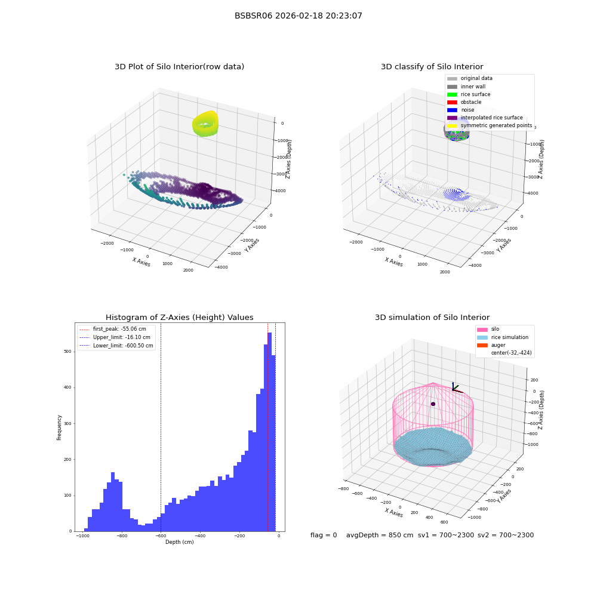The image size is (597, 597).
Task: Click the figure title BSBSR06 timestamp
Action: tap(298, 16)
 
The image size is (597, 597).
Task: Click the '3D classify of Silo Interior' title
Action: tap(432, 67)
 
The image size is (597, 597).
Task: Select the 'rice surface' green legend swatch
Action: tap(452, 94)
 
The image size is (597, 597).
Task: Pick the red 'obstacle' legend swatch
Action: tap(452, 102)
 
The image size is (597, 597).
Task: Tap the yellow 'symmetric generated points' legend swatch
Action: tap(452, 125)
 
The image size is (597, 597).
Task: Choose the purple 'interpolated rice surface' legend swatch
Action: tap(452, 118)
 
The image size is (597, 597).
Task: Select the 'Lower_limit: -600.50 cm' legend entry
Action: tap(116, 346)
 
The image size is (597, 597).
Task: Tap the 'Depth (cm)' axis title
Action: tap(180, 542)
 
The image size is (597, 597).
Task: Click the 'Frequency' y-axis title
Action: tap(59, 427)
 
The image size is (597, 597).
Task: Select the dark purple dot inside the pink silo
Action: tap(433, 404)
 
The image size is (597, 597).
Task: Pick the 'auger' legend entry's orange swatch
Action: tap(482, 345)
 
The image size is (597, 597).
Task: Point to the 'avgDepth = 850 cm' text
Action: tap(380, 535)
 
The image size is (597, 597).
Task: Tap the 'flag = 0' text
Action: tap(324, 535)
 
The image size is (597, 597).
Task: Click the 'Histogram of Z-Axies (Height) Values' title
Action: tap(179, 317)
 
